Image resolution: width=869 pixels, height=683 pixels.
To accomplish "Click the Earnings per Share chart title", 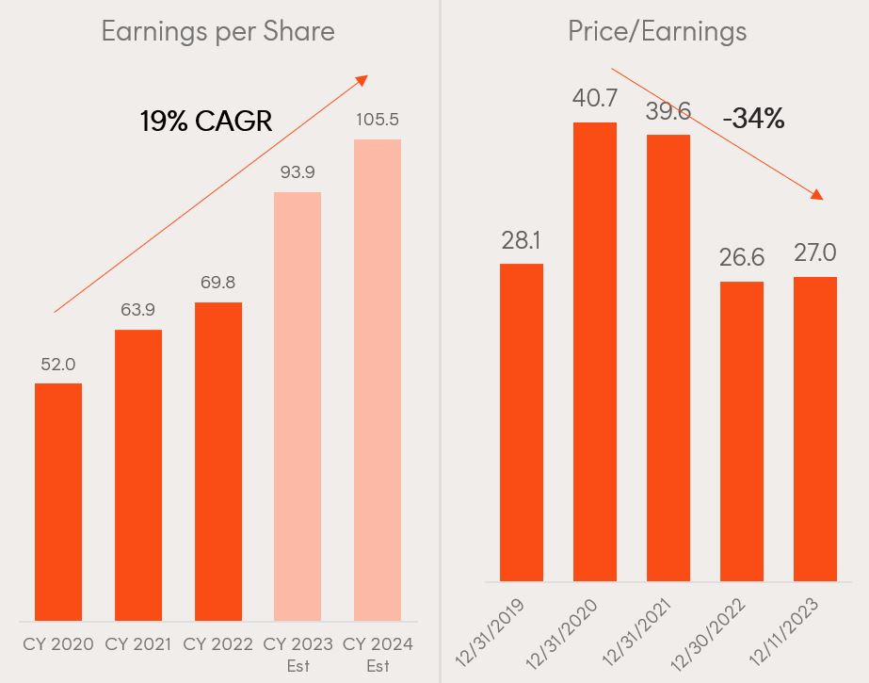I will pos(217,31).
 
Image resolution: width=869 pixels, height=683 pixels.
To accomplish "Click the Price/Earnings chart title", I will pos(657,31).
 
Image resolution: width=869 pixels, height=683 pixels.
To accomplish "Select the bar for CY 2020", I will pos(58,501).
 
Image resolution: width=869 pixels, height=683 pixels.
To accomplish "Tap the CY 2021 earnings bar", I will pos(138,475).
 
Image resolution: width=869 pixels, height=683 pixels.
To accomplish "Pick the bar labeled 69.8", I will pos(218,462).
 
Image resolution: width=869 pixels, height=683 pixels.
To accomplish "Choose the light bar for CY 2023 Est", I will pos(298,406).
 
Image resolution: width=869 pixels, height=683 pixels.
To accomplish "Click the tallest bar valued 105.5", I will pos(378,380).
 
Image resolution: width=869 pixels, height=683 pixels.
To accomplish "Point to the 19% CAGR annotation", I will pos(206,121).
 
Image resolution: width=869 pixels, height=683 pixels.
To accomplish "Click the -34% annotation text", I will pos(753,119).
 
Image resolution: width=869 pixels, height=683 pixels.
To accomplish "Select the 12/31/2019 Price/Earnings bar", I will pos(522,422).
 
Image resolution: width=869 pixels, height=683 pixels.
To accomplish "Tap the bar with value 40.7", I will pos(595,351).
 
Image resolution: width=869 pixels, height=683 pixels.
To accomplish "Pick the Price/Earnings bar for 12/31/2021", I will pos(668,357).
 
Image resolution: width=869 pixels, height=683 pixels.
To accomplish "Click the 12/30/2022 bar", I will pos(742,431).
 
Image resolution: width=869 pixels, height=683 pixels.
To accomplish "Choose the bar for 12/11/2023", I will pos(815,429).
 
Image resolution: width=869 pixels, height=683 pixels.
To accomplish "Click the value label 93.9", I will pos(298,172).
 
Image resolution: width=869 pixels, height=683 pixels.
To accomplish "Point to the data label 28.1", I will pos(522,240).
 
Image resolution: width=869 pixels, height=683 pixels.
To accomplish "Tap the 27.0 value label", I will pos(815,254).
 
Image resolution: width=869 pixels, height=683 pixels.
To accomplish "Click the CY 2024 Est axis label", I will pos(378,654).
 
